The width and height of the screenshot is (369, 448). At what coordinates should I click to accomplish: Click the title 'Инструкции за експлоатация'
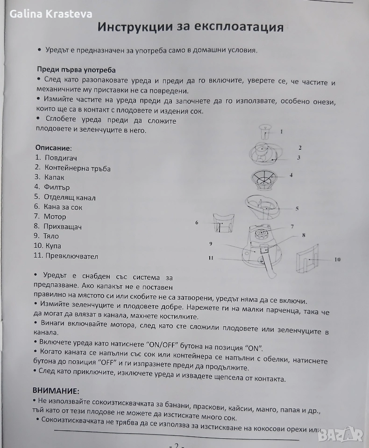pos(191,27)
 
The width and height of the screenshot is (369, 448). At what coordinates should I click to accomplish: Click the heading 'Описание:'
pos(53,148)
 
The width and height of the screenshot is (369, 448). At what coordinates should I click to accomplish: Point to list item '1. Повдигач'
pos(56,158)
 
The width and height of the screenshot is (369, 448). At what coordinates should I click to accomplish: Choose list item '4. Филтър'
pos(52,187)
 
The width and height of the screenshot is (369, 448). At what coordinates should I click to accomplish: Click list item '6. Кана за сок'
pos(58,207)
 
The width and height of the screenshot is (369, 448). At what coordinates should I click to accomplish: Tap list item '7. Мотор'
pos(50,217)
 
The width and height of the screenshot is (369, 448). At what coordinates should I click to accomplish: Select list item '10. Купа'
pos(47,246)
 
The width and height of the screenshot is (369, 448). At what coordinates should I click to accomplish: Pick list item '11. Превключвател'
pos(66,256)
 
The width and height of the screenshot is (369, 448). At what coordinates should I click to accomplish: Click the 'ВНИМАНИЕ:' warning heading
pos(56,390)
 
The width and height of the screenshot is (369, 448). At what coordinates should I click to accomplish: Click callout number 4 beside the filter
pos(291,175)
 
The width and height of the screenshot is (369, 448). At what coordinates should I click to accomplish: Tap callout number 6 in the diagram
pos(197,223)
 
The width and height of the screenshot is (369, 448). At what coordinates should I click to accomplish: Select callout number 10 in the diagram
pos(337,259)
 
